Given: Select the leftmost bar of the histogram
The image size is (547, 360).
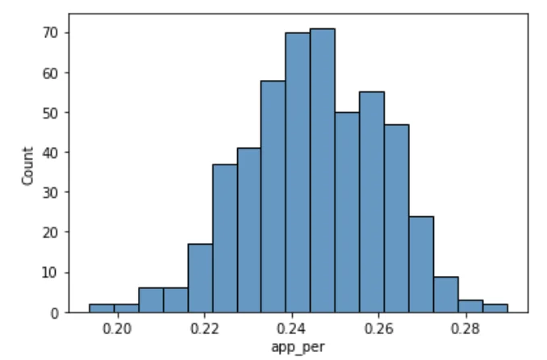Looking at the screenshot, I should [x=101, y=308].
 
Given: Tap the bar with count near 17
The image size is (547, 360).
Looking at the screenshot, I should [x=199, y=278].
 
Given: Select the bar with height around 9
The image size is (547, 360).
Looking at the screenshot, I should [x=445, y=295].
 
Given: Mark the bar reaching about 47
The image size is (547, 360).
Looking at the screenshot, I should [x=396, y=218].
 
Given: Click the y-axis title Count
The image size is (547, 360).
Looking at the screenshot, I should [x=28, y=165].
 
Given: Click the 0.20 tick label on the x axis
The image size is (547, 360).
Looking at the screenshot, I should [x=118, y=330].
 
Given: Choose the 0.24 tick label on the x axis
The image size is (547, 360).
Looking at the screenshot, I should [x=290, y=330].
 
